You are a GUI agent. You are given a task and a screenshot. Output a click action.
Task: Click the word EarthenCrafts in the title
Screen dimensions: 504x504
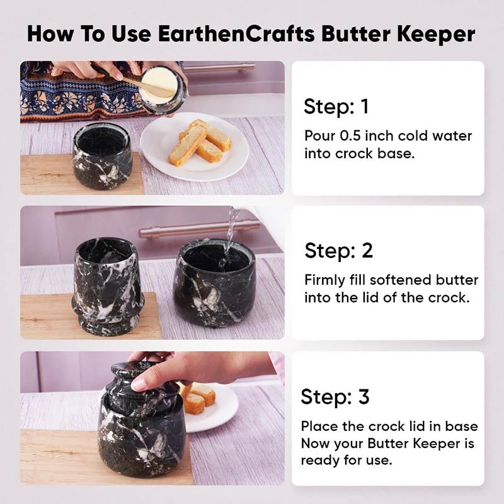(x=236, y=33)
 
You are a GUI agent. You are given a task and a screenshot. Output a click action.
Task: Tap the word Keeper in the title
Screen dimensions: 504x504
(x=436, y=34)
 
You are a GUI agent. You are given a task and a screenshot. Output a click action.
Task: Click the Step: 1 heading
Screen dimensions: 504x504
(x=336, y=106)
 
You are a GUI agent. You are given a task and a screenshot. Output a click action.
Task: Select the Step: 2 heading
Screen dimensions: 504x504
(x=339, y=250)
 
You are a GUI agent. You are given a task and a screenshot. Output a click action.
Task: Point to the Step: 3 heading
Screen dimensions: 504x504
(x=335, y=396)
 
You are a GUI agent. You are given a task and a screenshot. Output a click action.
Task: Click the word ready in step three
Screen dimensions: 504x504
(x=320, y=461)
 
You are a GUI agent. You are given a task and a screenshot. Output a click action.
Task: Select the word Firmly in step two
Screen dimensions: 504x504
(x=324, y=280)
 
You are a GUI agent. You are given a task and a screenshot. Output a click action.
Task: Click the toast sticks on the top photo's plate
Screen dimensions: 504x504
(x=200, y=142)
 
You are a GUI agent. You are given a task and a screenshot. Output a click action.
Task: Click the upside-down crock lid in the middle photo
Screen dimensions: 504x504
(x=108, y=287)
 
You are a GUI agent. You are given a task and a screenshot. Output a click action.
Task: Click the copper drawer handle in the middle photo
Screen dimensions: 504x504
(x=199, y=228)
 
